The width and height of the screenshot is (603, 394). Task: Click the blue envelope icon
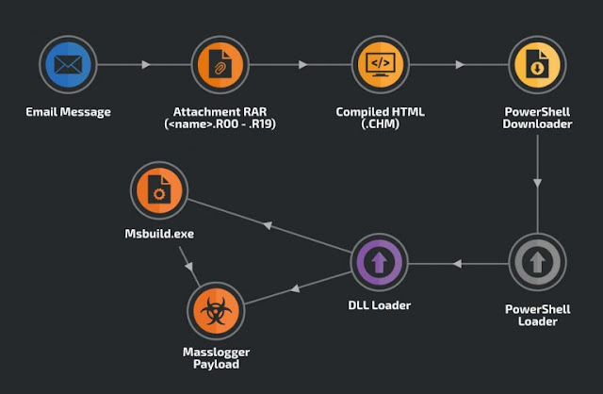click(68, 65)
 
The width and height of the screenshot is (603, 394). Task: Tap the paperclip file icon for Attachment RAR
click(220, 65)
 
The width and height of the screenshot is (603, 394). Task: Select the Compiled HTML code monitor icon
click(381, 65)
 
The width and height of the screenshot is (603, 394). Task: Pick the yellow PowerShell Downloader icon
click(537, 65)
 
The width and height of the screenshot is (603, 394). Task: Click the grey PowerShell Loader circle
click(537, 262)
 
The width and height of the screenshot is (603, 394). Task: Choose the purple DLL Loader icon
click(379, 262)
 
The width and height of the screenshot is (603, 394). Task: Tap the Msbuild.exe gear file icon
click(159, 190)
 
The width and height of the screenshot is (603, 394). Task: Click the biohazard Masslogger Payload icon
click(216, 310)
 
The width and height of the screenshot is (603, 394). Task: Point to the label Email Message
click(68, 112)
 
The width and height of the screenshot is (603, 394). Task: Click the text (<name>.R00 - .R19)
click(220, 123)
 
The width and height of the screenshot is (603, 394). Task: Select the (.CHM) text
click(381, 123)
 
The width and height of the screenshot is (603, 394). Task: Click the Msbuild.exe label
click(159, 234)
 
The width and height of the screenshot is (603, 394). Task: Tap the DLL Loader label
click(379, 305)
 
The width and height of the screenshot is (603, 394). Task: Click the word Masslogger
click(216, 353)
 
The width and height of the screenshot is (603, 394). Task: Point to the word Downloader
click(537, 123)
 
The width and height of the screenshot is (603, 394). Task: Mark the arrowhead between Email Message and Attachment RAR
click(146, 65)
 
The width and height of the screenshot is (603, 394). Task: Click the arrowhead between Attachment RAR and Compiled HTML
click(303, 65)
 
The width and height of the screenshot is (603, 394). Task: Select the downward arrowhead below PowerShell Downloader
click(537, 183)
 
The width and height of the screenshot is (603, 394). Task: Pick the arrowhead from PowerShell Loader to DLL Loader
click(457, 264)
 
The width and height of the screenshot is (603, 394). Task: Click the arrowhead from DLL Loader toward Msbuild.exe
click(268, 225)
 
